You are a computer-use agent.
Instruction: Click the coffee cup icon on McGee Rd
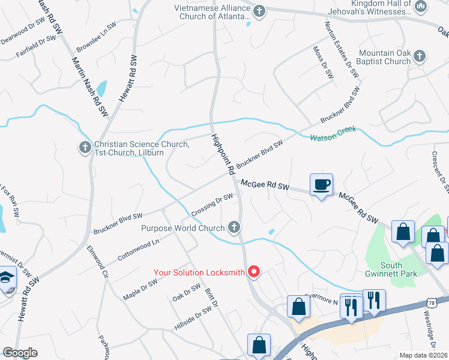(322, 184)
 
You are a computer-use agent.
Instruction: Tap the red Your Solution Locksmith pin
(253, 272)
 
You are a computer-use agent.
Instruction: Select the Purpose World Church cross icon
(234, 227)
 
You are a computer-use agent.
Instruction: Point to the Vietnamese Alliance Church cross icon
(259, 11)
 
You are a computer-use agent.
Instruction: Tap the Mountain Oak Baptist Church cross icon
(420, 56)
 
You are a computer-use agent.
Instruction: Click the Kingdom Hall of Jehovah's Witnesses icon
(421, 7)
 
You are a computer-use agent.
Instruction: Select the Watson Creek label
(333, 133)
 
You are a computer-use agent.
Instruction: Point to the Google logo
(20, 353)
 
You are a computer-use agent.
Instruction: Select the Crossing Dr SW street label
(212, 205)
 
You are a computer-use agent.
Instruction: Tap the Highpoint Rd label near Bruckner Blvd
(223, 154)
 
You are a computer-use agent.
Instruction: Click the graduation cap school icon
(7, 279)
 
